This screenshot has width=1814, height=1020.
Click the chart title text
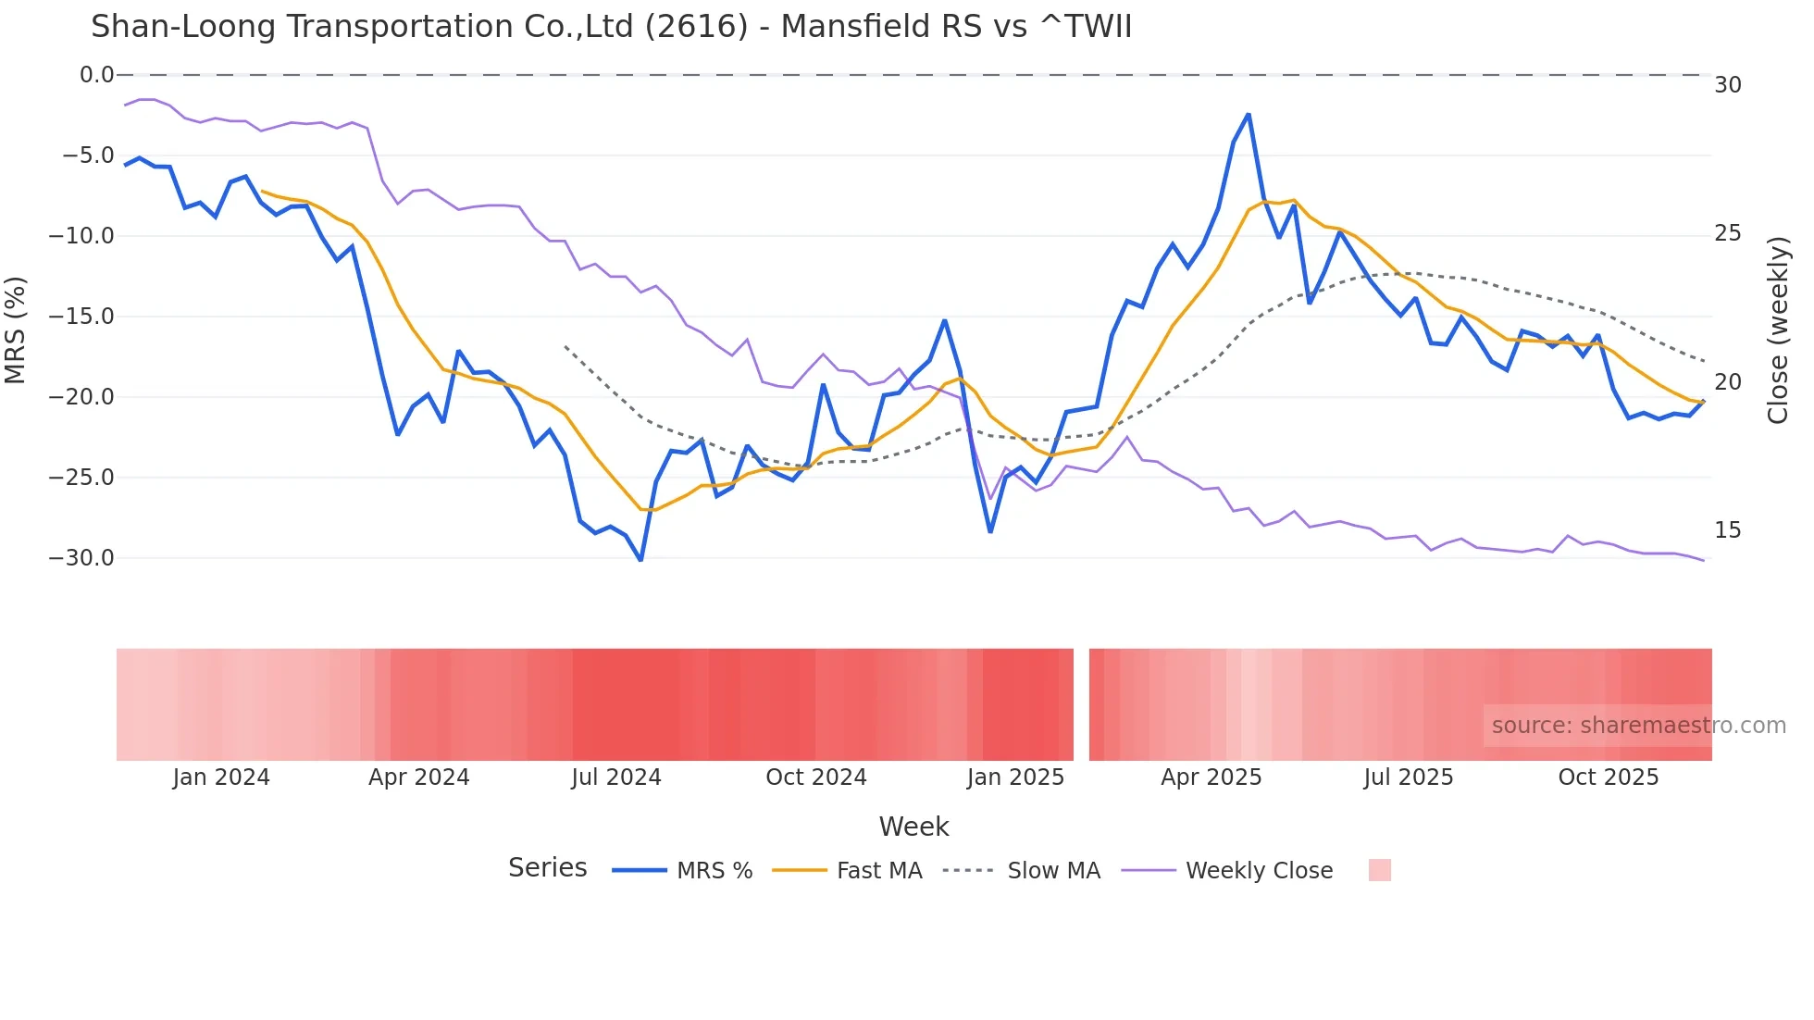pos(611,27)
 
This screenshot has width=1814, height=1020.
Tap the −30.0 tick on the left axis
pos(81,558)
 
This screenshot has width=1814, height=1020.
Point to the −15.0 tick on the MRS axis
pos(81,317)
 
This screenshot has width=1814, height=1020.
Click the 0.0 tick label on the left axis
pos(96,75)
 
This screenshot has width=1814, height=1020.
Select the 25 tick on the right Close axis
pos(1727,233)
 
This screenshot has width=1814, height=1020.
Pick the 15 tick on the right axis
pos(1727,530)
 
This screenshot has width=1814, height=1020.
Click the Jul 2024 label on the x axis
pos(615,777)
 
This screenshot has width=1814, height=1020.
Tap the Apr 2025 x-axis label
pos(1211,777)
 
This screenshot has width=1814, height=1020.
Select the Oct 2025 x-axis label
pos(1608,777)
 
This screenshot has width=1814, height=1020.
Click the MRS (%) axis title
pos(16,330)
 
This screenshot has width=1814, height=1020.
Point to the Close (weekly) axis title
pos(1777,330)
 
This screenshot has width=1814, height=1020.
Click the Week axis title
pos(913,827)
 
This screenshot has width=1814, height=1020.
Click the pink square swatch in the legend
pos(1379,871)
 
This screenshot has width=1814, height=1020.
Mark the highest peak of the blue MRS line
pos(1248,115)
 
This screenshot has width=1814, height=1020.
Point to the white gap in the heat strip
pos(1081,704)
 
